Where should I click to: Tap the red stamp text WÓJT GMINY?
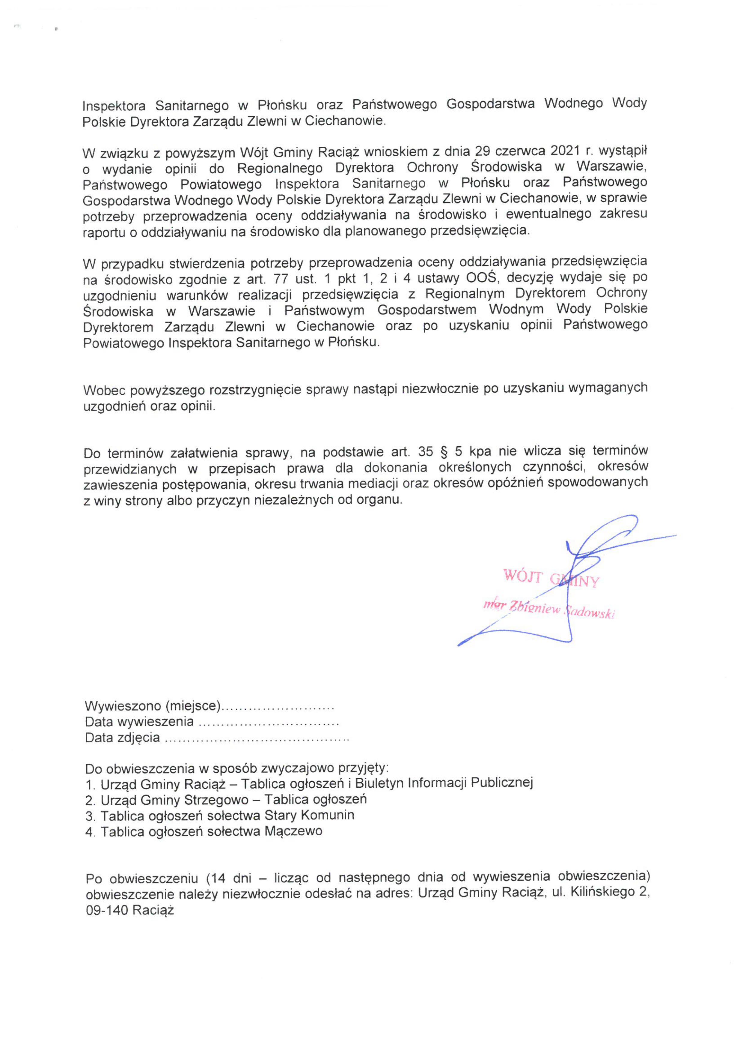tap(551, 578)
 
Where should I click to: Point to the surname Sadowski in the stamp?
tap(591, 612)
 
